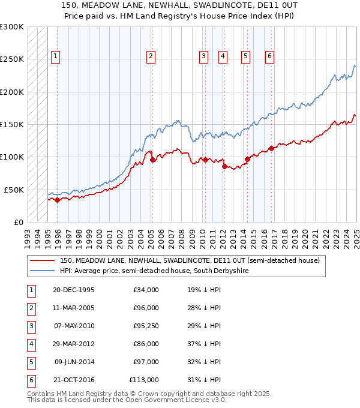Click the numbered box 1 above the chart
55,56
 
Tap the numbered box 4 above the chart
223,56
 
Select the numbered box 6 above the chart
270,56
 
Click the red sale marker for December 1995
58,200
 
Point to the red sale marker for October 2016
272,148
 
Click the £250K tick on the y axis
12,59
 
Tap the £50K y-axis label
14,190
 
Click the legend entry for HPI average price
154,271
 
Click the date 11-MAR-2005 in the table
74,308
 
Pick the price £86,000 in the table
145,344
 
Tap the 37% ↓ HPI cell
204,344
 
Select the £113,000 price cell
144,380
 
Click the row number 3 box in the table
31,326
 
